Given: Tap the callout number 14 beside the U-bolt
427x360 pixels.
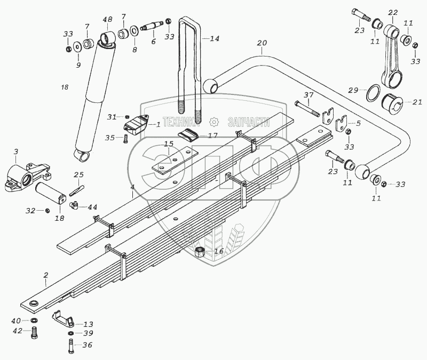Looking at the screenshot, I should coord(214,38).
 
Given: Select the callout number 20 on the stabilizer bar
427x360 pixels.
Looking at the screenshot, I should coord(261,43).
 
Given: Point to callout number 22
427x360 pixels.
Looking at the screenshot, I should coord(393,12).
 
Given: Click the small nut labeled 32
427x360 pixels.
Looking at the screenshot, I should coord(46,211).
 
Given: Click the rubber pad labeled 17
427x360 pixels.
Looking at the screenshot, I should coord(188,135).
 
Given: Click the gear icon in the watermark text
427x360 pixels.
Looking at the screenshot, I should coord(214,122).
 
